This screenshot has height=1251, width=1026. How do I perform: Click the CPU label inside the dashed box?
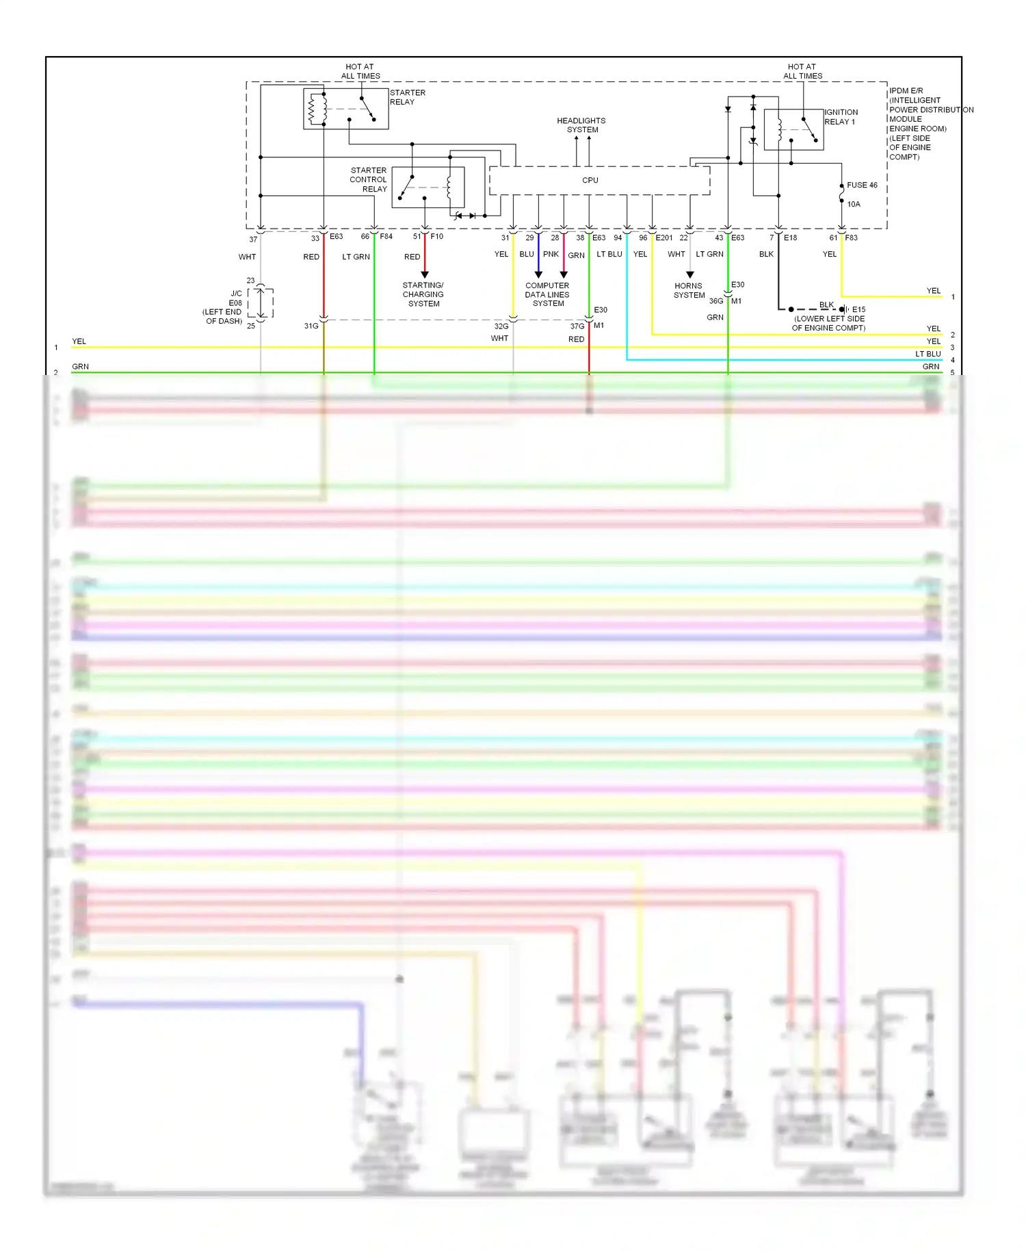click(x=590, y=180)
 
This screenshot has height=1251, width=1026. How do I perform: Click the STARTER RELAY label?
click(x=407, y=97)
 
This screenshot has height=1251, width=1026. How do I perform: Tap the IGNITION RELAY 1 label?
click(x=841, y=117)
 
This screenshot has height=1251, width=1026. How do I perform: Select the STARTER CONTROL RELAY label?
click(x=369, y=179)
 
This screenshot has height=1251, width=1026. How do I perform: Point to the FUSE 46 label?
click(x=862, y=185)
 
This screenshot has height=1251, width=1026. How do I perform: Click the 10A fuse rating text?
click(x=854, y=204)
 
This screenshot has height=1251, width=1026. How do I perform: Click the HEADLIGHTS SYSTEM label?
click(x=581, y=125)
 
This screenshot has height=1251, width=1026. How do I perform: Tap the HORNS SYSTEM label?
click(x=689, y=291)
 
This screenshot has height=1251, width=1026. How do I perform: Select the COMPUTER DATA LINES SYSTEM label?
click(x=547, y=294)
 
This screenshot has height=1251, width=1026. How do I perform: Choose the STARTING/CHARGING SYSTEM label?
click(x=423, y=294)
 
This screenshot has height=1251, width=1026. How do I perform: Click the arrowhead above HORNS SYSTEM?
click(x=689, y=275)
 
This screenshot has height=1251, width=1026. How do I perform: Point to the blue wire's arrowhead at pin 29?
click(x=538, y=275)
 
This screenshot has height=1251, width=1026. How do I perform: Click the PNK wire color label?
click(x=551, y=254)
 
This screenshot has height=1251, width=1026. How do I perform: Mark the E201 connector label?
click(x=664, y=237)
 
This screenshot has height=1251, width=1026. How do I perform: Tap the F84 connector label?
click(x=386, y=237)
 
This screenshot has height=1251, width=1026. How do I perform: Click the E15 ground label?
click(x=858, y=309)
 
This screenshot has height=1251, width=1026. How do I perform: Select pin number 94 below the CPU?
click(x=618, y=237)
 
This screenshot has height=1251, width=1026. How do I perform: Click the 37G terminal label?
click(x=577, y=326)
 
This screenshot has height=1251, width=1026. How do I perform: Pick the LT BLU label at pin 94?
click(x=609, y=254)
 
